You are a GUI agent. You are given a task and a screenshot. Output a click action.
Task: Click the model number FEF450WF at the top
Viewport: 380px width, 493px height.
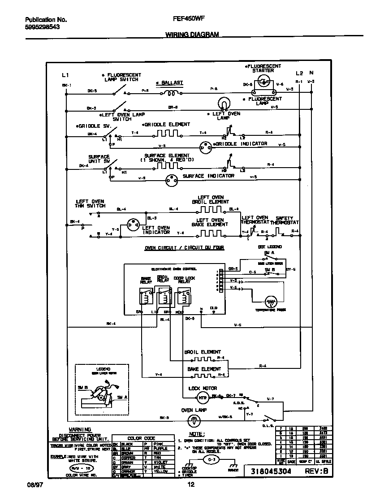click(x=185, y=20)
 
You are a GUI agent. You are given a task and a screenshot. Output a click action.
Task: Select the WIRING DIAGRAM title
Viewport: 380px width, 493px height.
click(x=192, y=35)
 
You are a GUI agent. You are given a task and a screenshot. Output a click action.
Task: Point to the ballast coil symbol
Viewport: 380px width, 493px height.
click(x=170, y=93)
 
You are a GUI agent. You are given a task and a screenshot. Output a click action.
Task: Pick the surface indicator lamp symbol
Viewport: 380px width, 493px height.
click(x=171, y=181)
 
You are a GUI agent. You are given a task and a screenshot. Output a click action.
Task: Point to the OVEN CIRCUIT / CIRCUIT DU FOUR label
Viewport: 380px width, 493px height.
click(x=184, y=248)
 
